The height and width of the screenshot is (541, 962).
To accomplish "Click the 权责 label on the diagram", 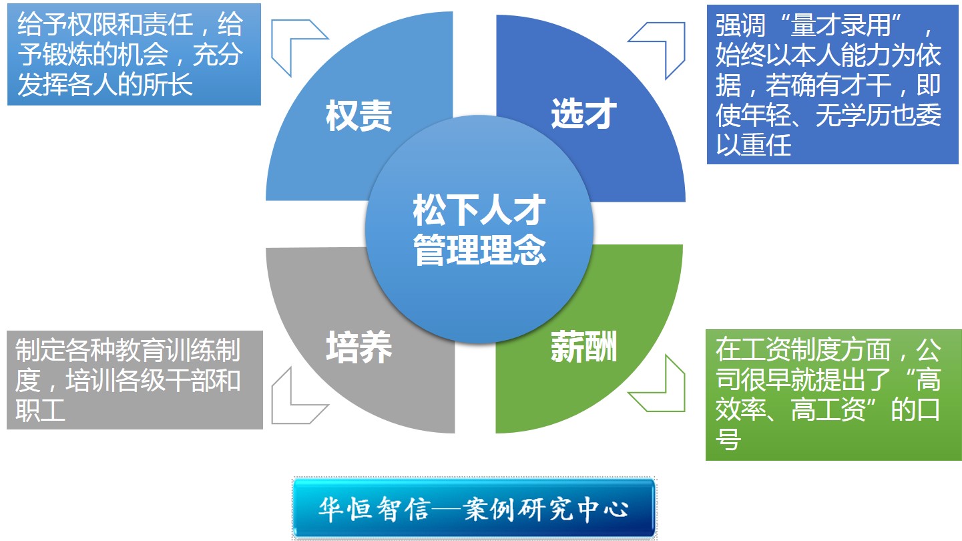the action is pos(358,116).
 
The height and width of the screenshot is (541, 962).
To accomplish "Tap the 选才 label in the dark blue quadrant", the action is pos(584,114).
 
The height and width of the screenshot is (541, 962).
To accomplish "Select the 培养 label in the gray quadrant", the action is pos(359,347).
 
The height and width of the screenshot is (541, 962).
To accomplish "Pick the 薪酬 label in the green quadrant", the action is pos(584,347).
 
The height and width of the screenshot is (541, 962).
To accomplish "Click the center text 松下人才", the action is pos(479,210).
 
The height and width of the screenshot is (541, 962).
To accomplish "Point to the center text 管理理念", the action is pos(479,250).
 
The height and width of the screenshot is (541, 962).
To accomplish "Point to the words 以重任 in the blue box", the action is pos(754,145).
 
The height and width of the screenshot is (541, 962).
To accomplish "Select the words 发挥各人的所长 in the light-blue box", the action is pos(105,84).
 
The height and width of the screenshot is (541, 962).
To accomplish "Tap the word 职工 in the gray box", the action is pos(40,410).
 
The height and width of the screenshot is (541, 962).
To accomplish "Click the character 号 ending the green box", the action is pos(728,439).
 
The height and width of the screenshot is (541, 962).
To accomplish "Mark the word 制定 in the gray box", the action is pos(40,349).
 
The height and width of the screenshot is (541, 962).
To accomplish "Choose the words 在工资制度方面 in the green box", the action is pos(804,349).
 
